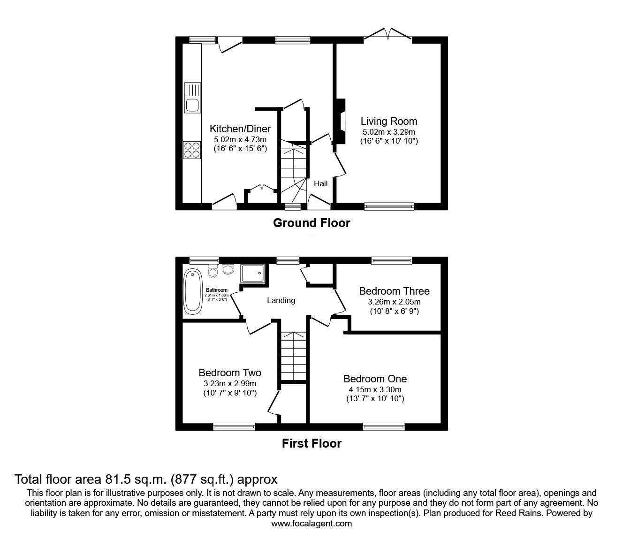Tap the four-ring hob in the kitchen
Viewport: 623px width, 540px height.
click(192, 150)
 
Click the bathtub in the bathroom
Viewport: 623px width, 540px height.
click(192, 291)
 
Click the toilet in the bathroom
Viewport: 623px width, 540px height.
click(213, 271)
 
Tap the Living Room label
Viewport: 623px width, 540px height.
click(388, 122)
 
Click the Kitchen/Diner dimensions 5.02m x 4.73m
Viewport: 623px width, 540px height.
click(240, 139)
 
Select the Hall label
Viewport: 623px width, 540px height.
click(321, 183)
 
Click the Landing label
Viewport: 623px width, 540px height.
click(281, 300)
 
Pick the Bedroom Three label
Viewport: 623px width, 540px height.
click(394, 291)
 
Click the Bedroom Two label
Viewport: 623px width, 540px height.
click(230, 373)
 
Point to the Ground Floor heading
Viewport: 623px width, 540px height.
click(311, 223)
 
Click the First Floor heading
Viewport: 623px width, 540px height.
click(311, 443)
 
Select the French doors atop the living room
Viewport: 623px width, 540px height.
click(388, 35)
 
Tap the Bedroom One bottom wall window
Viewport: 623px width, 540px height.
click(384, 426)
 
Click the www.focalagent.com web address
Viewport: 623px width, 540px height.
click(311, 524)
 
